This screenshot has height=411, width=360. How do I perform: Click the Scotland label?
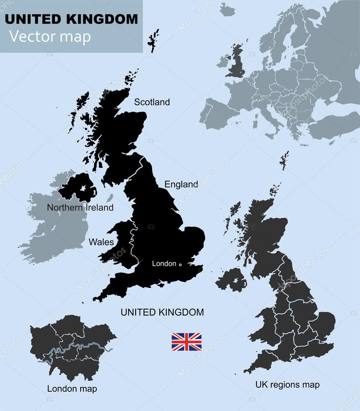tap(152, 102)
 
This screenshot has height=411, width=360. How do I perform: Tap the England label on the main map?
tap(181, 184)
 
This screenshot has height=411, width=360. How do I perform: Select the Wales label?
tap(101, 242)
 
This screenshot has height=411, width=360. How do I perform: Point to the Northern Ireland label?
tap(80, 208)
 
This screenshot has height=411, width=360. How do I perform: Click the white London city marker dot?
tap(180, 265)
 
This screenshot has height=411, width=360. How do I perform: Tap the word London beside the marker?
tap(164, 264)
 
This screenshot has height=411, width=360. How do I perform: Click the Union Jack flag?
tap(187, 342)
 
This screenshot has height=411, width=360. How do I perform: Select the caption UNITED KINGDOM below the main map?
tap(162, 312)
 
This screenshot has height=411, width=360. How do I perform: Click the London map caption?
tap(72, 389)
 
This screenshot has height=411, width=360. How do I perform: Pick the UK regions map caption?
tap(287, 385)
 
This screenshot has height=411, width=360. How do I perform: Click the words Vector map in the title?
tap(50, 37)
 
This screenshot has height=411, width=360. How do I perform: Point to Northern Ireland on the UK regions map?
tap(231, 280)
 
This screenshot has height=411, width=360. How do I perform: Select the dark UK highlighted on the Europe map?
tap(236, 64)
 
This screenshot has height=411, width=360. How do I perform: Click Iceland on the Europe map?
tap(228, 10)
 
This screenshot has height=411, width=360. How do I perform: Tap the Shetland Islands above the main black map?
tap(153, 40)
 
